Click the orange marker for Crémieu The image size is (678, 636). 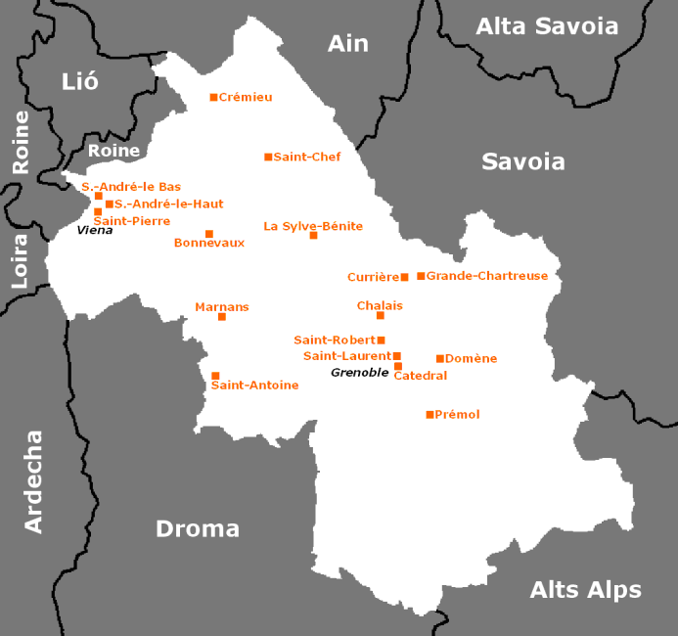coord(213,97)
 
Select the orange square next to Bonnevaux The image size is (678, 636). coord(208,234)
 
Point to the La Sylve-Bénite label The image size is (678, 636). coord(313,226)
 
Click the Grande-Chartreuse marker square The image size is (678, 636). coord(421,276)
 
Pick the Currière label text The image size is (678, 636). coord(372,277)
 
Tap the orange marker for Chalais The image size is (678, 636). coord(381,315)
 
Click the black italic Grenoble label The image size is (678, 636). coord(359,373)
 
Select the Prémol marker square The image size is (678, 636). coord(429,415)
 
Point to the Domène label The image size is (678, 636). coord(471,359)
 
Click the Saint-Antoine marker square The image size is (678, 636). coord(215,376)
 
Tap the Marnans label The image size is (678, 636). coord(222,306)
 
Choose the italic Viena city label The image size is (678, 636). coord(95,230)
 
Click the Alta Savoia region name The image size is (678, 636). coord(547,26)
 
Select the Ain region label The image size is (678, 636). coord(347,43)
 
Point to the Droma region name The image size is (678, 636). coord(198,528)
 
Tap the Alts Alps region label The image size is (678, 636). coord(585,590)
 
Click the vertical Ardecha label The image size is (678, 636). coord(33,481)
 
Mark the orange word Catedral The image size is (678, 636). coord(420,376)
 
